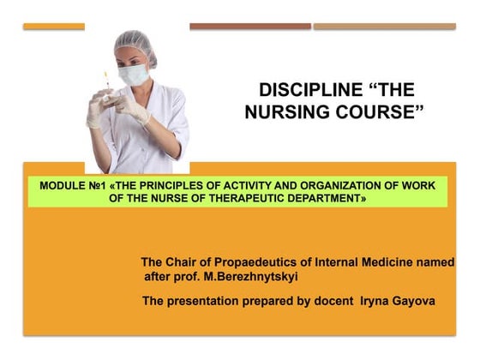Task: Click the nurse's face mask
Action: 135,75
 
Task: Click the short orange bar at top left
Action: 54,27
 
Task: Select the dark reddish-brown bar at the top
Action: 249,27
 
